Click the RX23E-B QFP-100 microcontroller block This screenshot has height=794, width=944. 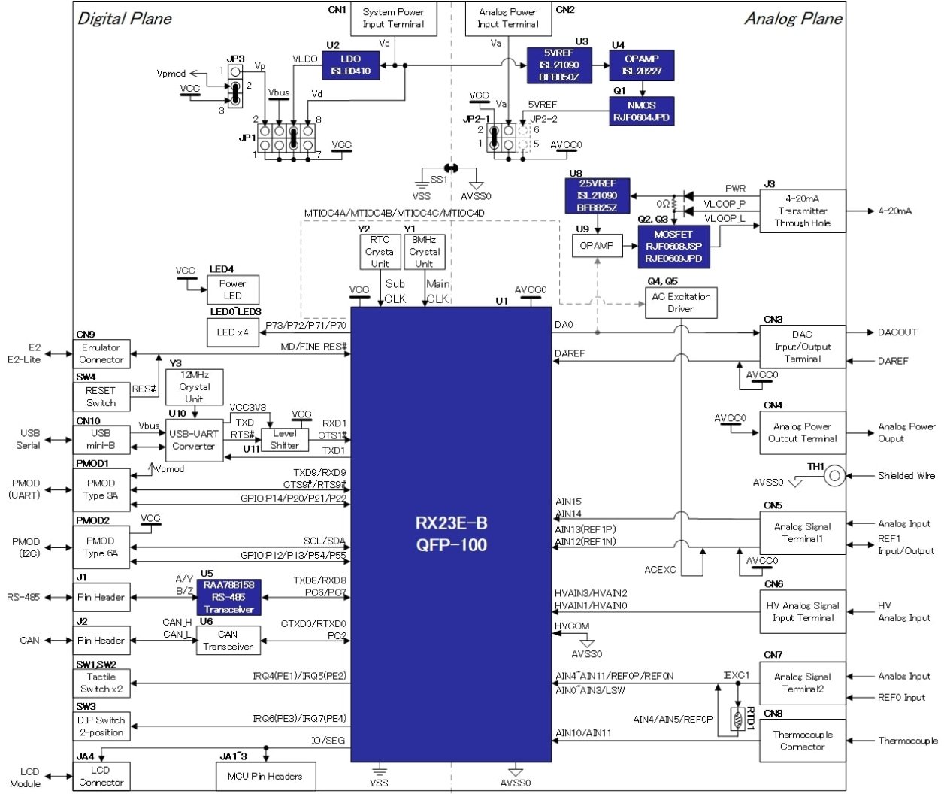point(451,534)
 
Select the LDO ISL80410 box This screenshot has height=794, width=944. point(350,65)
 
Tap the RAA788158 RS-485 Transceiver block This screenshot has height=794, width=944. point(228,597)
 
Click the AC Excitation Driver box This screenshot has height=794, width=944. point(680,302)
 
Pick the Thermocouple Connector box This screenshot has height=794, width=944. point(802,741)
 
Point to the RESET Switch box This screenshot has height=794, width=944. point(101,396)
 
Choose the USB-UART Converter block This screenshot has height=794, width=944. point(194,440)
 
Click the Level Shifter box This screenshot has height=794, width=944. point(284,439)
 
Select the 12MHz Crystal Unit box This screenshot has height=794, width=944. point(194,386)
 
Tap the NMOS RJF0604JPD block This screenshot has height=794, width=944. point(641,111)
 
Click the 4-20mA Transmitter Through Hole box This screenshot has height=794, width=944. point(802,211)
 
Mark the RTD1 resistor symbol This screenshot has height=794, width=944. point(737,720)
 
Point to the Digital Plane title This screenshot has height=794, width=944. point(125,19)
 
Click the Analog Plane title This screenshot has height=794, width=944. point(793,19)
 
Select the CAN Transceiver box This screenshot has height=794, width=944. point(228,640)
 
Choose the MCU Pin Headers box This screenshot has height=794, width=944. point(265,776)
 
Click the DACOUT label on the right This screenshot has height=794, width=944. point(897,332)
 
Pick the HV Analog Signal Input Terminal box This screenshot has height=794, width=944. point(802,611)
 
